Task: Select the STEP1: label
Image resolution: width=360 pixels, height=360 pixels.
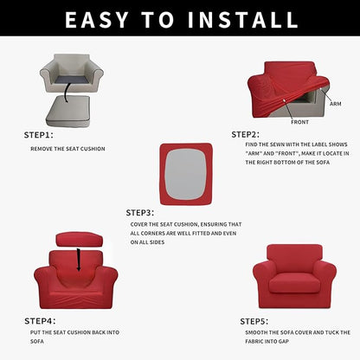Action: tap(38, 135)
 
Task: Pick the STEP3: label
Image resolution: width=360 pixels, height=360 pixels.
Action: tap(140, 211)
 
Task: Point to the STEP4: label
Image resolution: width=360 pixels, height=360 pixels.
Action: tap(39, 320)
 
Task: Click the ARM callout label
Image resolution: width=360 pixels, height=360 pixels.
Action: tap(335, 103)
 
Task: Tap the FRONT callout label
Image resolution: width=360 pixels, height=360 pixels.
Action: tap(299, 122)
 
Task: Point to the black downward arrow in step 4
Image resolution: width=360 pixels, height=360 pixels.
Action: tap(80, 257)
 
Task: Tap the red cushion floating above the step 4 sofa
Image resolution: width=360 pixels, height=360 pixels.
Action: tap(79, 239)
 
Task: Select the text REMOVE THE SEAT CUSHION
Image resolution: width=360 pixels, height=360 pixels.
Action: tap(67, 148)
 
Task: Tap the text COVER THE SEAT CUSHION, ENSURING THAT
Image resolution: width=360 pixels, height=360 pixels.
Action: tap(185, 224)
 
